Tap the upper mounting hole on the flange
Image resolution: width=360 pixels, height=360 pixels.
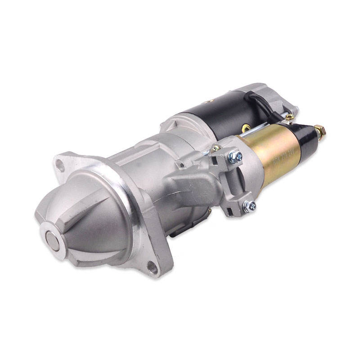pos(60,166)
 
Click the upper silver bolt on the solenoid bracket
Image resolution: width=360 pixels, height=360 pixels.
pos(235,156)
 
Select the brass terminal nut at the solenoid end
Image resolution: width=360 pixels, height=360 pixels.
pos(319,131)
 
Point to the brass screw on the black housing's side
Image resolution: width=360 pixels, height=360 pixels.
pos(245,128)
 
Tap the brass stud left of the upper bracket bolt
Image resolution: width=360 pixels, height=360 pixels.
pos(216,148)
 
